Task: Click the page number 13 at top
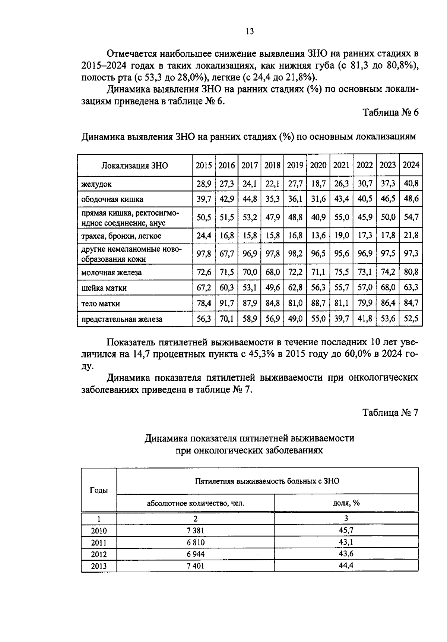250,31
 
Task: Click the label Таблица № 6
391,113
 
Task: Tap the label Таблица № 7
391,413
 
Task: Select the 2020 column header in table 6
318,165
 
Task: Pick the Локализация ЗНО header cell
134,166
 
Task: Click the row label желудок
96,184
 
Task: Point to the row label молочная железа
111,273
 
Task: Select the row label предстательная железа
122,319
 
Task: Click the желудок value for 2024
411,183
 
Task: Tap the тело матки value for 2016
226,303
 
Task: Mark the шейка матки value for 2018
272,287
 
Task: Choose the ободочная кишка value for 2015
204,199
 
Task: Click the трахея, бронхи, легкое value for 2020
318,235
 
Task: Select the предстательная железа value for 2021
341,319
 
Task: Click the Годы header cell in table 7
99,490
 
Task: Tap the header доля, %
346,503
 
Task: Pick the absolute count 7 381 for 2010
196,531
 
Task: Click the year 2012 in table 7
99,554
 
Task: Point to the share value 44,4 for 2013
346,566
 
